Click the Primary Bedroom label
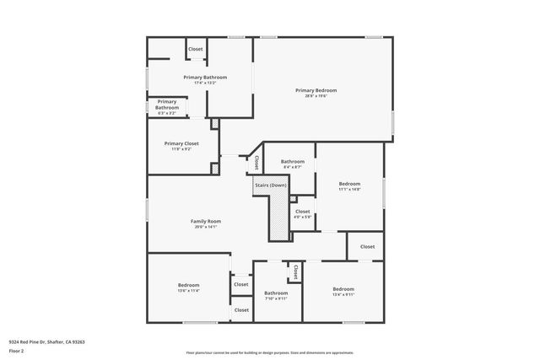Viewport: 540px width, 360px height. pyautogui.click(x=316, y=90)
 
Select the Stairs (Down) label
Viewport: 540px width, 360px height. pyautogui.click(x=271, y=185)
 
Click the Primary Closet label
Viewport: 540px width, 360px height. pyautogui.click(x=181, y=143)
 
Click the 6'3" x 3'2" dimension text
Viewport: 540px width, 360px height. pyautogui.click(x=167, y=113)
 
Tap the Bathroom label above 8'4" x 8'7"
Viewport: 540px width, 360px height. pyautogui.click(x=293, y=161)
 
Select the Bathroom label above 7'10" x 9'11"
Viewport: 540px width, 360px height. pyautogui.click(x=276, y=293)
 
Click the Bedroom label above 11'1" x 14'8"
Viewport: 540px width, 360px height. pyautogui.click(x=349, y=183)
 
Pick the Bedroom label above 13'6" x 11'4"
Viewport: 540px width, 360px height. pyautogui.click(x=188, y=285)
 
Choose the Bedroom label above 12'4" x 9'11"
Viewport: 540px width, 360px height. pyautogui.click(x=343, y=288)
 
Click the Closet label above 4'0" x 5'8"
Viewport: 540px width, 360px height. pyautogui.click(x=302, y=211)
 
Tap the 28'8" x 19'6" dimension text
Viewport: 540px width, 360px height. pyautogui.click(x=316, y=96)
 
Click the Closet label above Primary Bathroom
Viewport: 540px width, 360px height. pyautogui.click(x=195, y=49)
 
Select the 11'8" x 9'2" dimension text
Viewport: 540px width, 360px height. pyautogui.click(x=181, y=149)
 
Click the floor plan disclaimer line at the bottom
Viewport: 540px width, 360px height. pyautogui.click(x=269, y=353)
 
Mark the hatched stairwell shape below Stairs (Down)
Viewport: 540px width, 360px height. pyautogui.click(x=279, y=215)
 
